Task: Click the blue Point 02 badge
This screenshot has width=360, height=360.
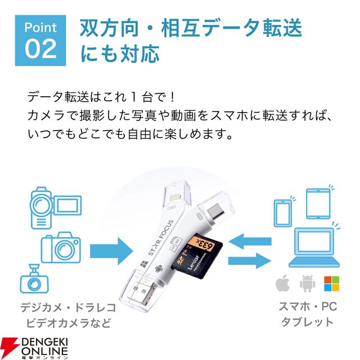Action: click(x=40, y=40)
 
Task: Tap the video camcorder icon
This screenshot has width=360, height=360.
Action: click(x=56, y=208)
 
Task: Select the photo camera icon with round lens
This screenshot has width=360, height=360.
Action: click(x=61, y=247)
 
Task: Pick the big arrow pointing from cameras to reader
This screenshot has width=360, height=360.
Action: click(x=111, y=251)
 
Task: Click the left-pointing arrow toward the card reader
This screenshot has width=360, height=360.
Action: click(x=250, y=241)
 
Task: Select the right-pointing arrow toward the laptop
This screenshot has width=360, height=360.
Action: click(x=250, y=261)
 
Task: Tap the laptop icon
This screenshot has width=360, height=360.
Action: click(x=314, y=247)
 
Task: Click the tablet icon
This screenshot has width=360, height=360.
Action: click(x=318, y=204)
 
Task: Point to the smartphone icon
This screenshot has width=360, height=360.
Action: click(x=282, y=213)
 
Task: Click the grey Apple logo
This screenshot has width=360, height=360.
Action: click(x=282, y=283)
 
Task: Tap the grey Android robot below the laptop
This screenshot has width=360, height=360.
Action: click(x=307, y=283)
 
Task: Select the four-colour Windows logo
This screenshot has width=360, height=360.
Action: click(x=331, y=283)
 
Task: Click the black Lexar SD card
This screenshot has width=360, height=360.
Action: click(x=197, y=255)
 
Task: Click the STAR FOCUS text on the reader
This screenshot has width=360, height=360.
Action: click(x=161, y=237)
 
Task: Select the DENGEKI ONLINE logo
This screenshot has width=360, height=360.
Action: click(x=34, y=348)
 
